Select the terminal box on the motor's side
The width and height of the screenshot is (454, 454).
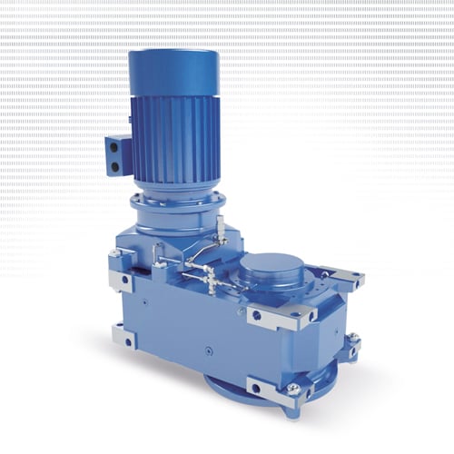point(119,154)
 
